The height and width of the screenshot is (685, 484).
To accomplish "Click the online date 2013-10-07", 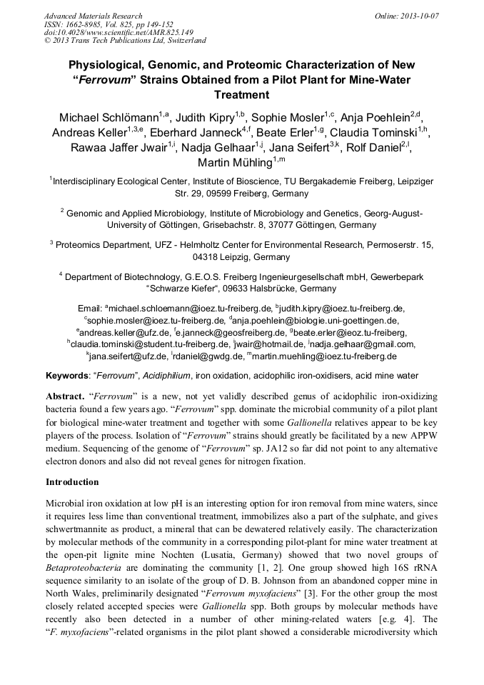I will coord(417,16).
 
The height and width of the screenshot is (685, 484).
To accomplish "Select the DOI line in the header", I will coord(119,32).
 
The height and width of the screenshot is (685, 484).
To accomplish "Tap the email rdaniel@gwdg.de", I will coord(206,356).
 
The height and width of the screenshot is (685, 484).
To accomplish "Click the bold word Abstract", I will coord(65,396).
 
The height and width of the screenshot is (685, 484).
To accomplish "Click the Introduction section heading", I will coord(72,482).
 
